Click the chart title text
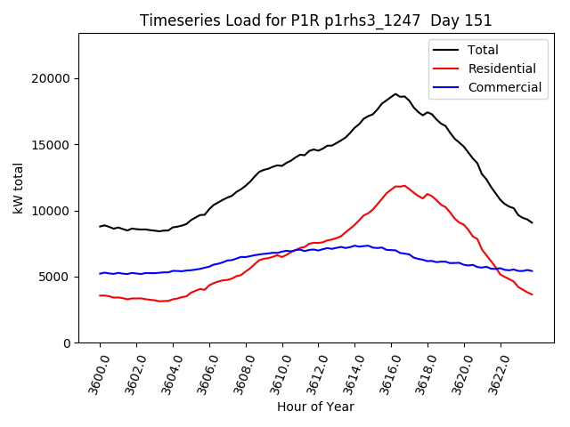tap(316, 20)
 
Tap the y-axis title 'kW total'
tap(18, 188)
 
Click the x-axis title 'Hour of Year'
tap(315, 407)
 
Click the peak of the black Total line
tap(395, 93)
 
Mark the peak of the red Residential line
tap(404, 185)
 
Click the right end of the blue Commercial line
tap(533, 270)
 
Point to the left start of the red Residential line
tap(100, 295)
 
